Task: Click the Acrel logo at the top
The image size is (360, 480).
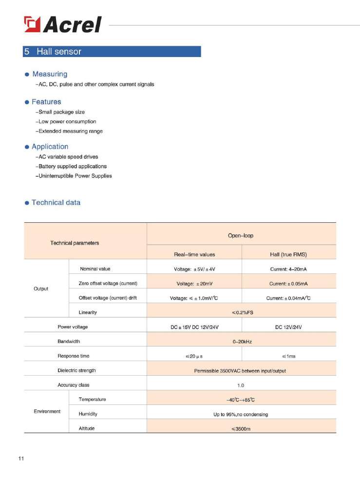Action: pos(63,24)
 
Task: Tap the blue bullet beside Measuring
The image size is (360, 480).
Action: pos(27,75)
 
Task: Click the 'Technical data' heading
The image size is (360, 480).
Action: pos(56,203)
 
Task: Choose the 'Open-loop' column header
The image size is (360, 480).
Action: pos(241,236)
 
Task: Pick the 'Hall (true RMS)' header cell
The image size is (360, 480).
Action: pos(288,254)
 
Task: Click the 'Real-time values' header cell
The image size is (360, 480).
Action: pos(194,254)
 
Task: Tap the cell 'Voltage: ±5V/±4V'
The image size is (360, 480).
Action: pos(194,269)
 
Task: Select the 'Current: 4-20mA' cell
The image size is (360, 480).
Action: pos(288,269)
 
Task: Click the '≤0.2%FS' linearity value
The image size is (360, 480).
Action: pos(241,312)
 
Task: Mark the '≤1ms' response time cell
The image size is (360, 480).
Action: pos(288,356)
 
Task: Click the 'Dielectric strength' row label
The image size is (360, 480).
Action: pos(76,370)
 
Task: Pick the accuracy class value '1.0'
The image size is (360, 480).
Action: pos(241,385)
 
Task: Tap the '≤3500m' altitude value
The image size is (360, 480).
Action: pos(241,429)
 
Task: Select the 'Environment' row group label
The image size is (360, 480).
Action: pos(47,412)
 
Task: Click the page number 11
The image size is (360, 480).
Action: pos(21,459)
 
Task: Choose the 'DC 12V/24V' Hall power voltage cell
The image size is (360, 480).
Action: pos(288,327)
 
